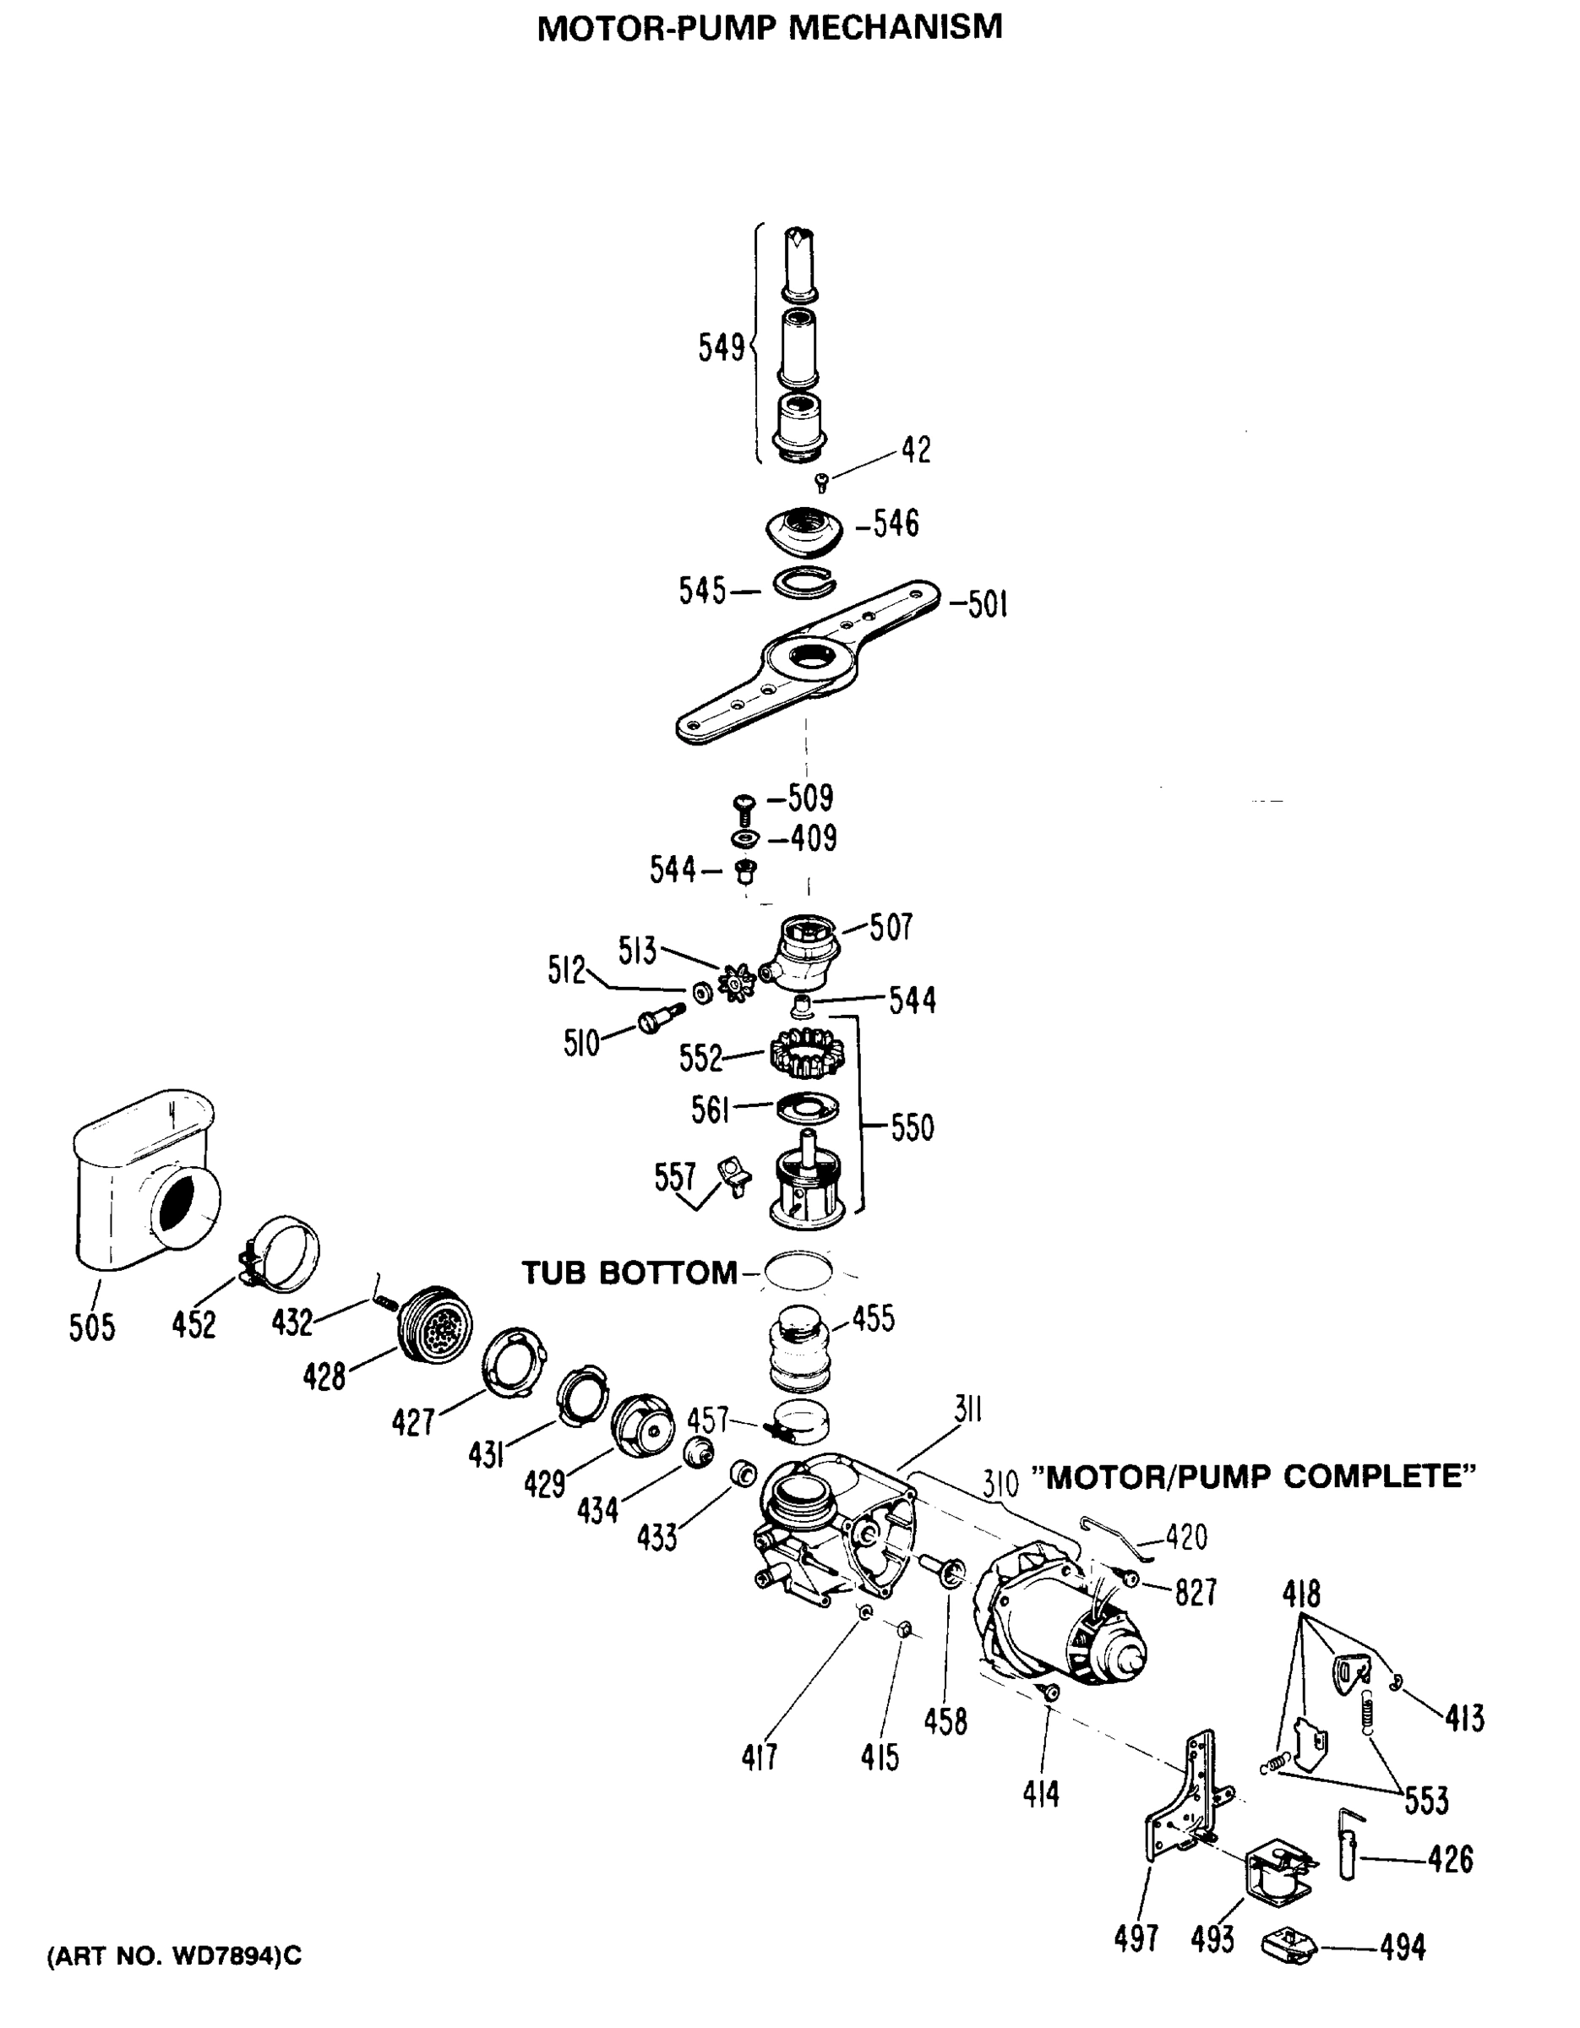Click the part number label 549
(x=721, y=348)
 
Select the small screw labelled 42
(x=820, y=482)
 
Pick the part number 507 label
(x=891, y=927)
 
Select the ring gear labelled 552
(x=808, y=1054)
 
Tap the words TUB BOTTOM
(x=629, y=1272)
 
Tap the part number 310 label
(x=1000, y=1484)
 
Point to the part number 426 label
(x=1450, y=1859)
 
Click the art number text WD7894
(x=226, y=1956)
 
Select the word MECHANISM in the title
(x=896, y=27)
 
